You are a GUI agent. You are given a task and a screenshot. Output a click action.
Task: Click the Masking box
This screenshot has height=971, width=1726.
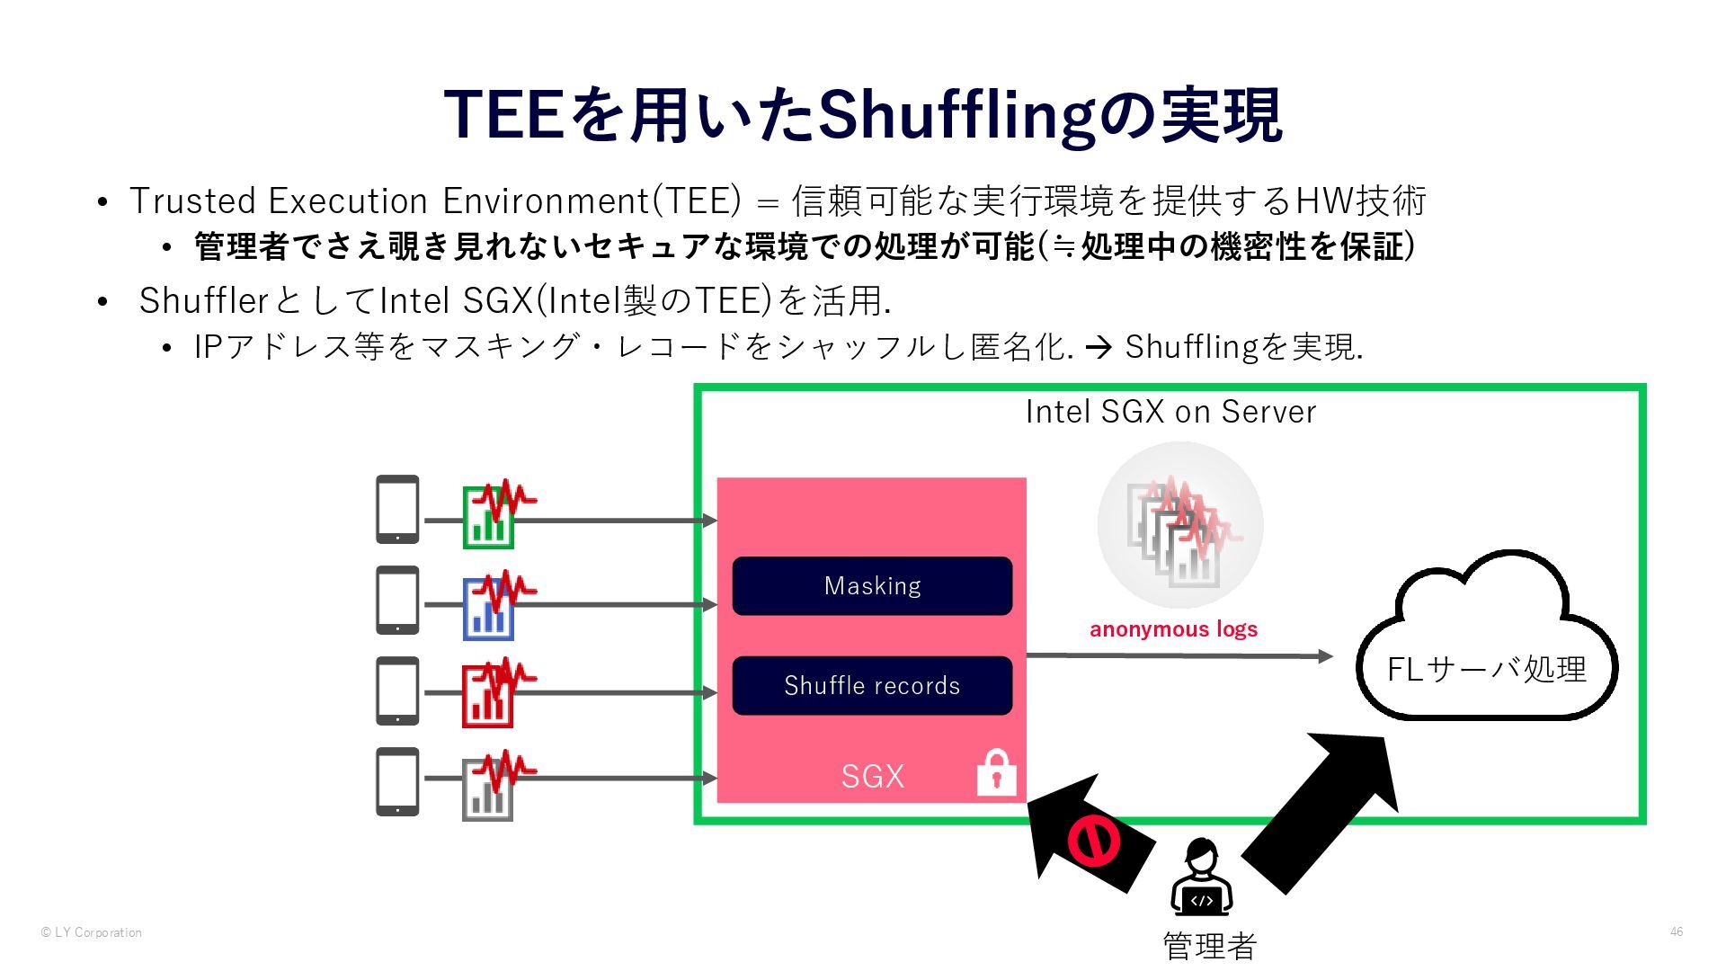872,586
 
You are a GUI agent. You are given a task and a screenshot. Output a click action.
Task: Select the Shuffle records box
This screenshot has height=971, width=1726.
872,686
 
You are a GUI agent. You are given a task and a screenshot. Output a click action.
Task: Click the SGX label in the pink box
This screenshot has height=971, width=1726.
872,776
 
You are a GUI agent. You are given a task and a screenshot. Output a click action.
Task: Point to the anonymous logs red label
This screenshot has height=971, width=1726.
1173,629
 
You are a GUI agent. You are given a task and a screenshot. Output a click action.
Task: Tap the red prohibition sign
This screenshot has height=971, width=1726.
1093,841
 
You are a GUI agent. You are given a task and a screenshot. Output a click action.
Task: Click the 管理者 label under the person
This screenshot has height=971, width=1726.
1209,946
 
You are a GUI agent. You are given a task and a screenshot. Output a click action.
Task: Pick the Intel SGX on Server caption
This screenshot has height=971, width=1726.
1170,412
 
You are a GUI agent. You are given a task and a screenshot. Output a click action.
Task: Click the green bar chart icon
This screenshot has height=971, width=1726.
488,518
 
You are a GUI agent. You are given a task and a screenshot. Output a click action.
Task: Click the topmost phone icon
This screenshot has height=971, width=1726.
397,509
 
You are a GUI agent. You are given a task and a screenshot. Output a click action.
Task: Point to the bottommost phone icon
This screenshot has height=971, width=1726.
397,781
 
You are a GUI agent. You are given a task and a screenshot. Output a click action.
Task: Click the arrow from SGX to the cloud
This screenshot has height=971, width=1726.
1178,655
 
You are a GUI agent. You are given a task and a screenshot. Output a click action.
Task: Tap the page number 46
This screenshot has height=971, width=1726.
1677,931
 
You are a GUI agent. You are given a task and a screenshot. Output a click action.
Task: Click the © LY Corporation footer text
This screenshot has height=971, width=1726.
92,932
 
